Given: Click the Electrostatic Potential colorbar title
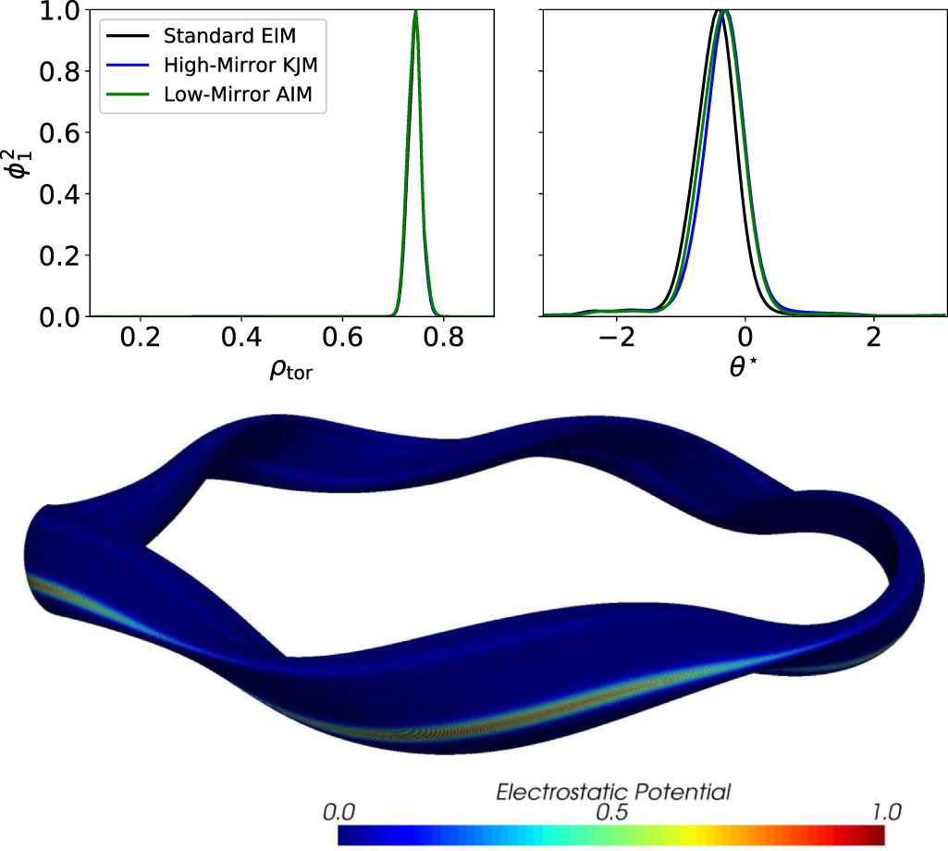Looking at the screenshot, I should click(x=614, y=792).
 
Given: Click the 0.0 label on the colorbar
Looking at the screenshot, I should click(x=339, y=813).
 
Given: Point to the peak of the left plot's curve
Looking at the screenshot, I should click(x=415, y=12).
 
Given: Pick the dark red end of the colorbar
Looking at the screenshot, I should click(x=879, y=835).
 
